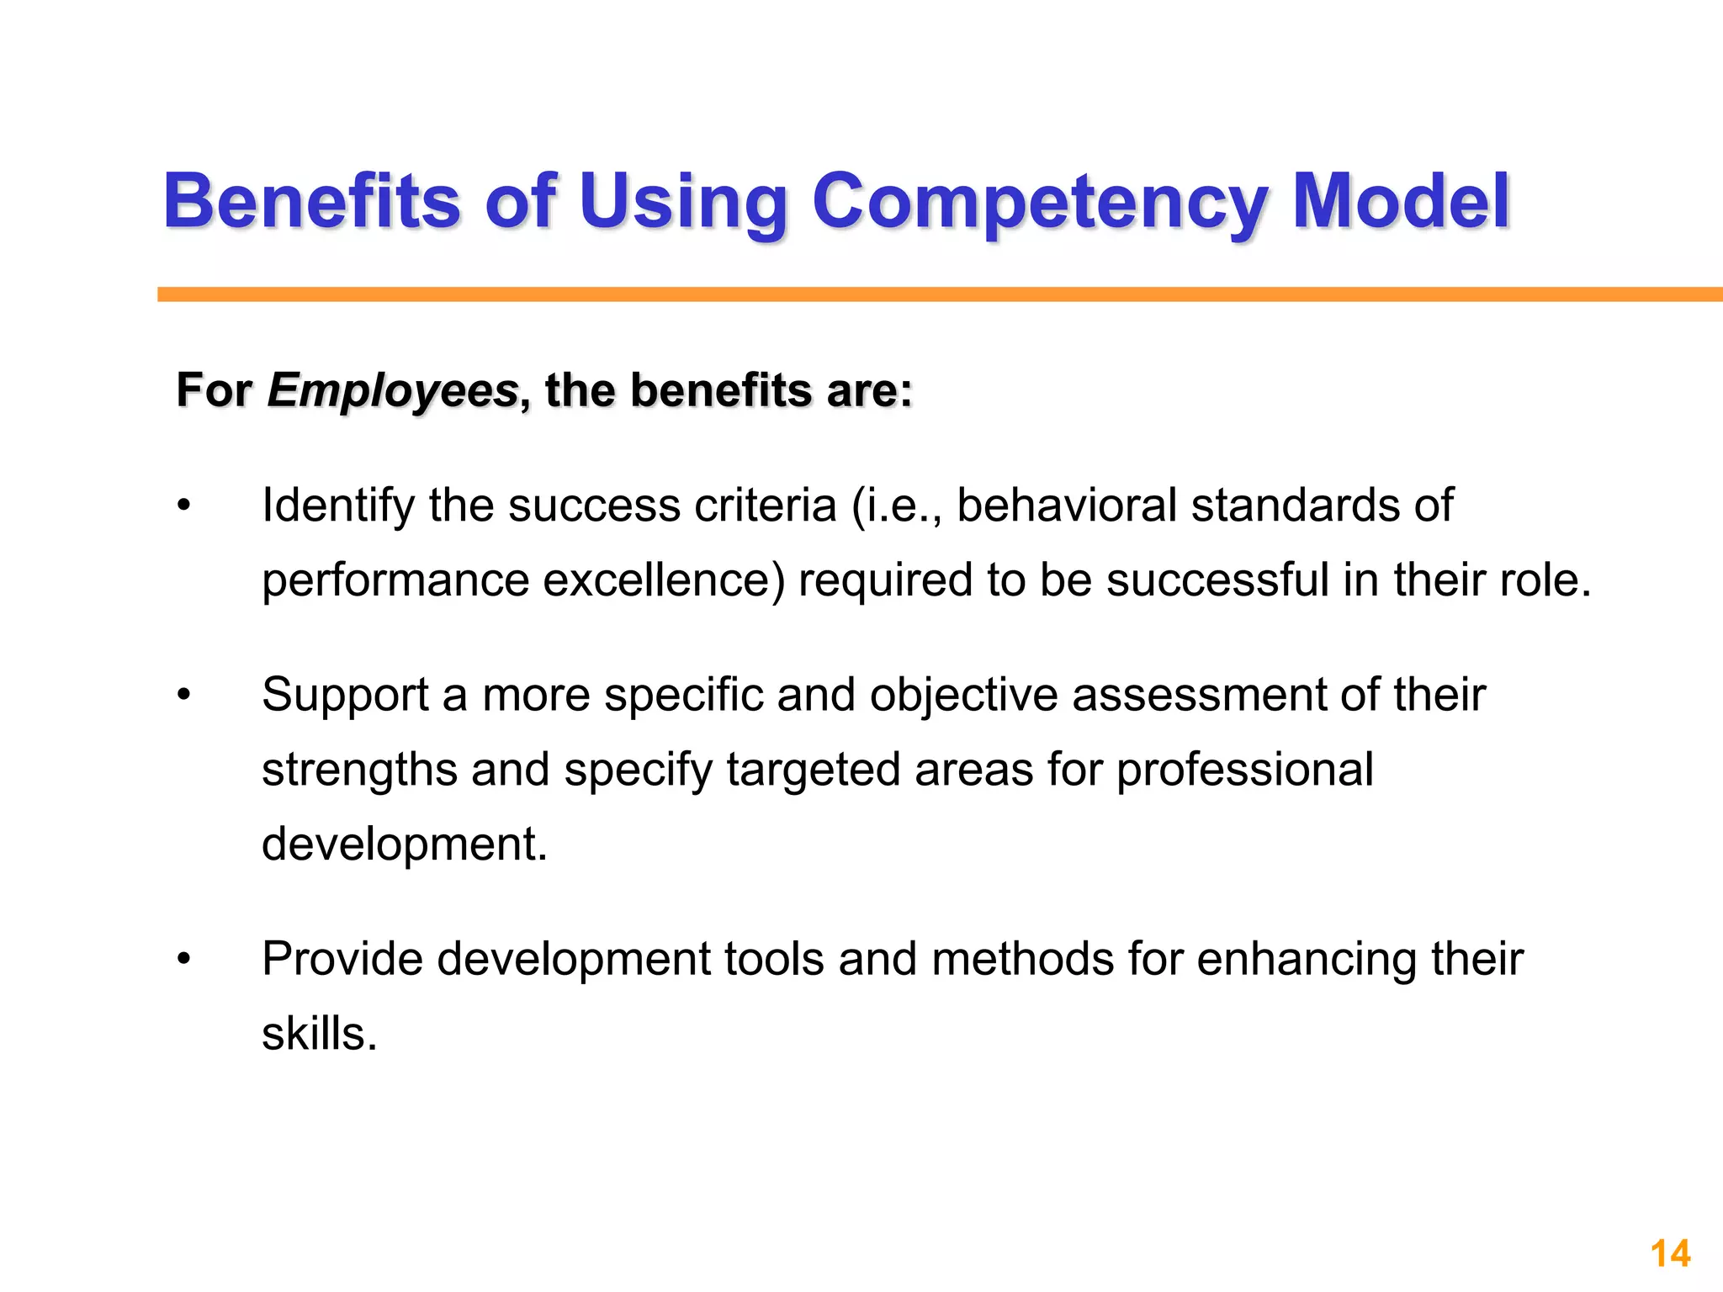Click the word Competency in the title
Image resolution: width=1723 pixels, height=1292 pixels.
[x=1038, y=203]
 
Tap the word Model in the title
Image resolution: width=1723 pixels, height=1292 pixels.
[x=1400, y=201]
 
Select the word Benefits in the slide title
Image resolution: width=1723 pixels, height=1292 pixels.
[x=311, y=201]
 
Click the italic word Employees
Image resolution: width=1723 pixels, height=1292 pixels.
[x=393, y=392]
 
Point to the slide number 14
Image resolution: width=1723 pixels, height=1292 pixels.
[x=1670, y=1254]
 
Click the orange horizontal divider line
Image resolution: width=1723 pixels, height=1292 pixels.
[x=925, y=294]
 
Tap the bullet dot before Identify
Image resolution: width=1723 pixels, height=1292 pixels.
[x=184, y=506]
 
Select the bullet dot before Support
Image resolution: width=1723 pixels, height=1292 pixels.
[x=184, y=696]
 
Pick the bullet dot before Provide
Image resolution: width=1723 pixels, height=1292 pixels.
[x=184, y=960]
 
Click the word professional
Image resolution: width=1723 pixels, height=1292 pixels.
[x=1244, y=770]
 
